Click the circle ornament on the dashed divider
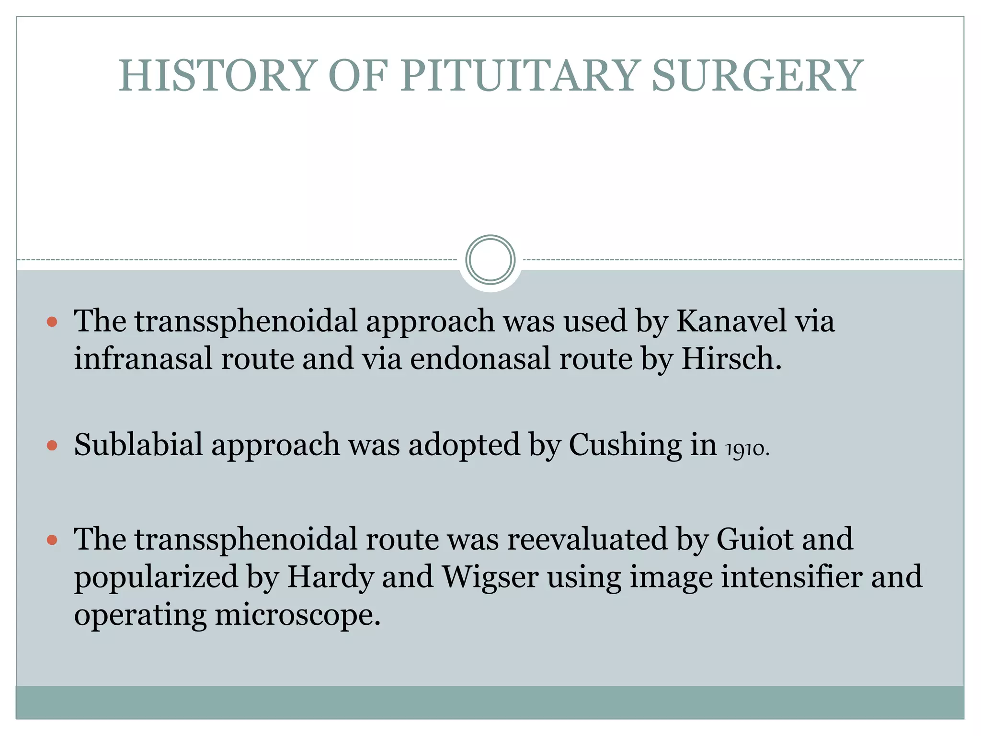pyautogui.click(x=490, y=260)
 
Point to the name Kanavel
pyautogui.click(x=731, y=321)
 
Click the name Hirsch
pyautogui.click(x=730, y=358)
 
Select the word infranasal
pyautogui.click(x=143, y=358)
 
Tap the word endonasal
pyautogui.click(x=480, y=358)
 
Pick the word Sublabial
pyautogui.click(x=138, y=445)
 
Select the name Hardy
pyautogui.click(x=330, y=577)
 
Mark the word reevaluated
pyautogui.click(x=587, y=539)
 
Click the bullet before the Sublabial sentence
pyautogui.click(x=52, y=446)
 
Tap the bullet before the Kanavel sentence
pyautogui.click(x=52, y=322)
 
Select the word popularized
pyautogui.click(x=156, y=577)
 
